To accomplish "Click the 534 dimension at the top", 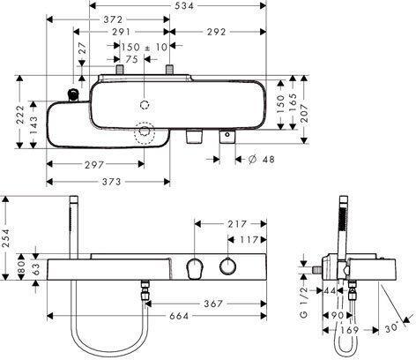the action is [183, 5].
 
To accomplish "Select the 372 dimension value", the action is [113, 19].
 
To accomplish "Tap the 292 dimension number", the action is [217, 32].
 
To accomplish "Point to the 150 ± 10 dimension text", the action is [145, 47].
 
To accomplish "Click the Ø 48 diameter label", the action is [261, 160].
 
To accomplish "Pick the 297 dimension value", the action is [94, 165].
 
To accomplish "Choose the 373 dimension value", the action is [112, 182].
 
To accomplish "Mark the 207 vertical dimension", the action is [304, 109].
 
